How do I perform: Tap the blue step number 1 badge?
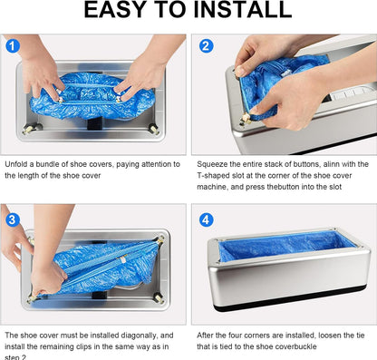[x=11, y=45]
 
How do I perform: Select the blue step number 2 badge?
[x=206, y=45]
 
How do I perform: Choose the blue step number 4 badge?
[x=206, y=219]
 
